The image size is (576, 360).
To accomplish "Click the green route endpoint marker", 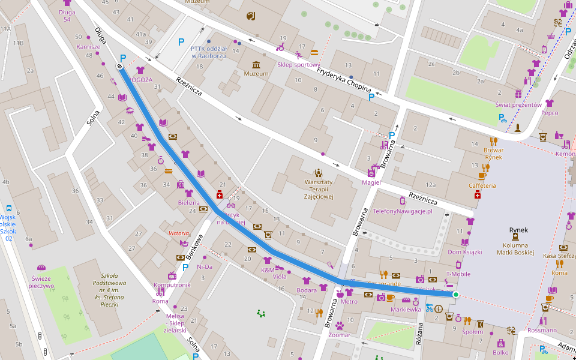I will (x=455, y=295).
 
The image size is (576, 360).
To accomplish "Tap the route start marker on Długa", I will (x=119, y=66).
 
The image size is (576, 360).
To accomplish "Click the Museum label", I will (x=256, y=74).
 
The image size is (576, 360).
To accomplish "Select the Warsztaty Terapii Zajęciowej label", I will (x=318, y=189).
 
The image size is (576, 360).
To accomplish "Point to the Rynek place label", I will (x=518, y=230).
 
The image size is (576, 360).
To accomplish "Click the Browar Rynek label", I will (x=493, y=154).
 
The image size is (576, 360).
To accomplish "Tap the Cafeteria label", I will (x=482, y=185).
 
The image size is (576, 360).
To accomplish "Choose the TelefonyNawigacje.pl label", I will (x=402, y=212).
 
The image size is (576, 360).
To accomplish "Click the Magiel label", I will (x=371, y=182).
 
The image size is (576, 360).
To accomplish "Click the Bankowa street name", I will (x=195, y=246).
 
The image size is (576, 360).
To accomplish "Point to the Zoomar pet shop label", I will (x=340, y=335).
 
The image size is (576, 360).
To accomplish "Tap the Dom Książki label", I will (x=464, y=251).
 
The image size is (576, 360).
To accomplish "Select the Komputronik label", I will (x=172, y=285).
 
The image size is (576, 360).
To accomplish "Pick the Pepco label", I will (x=550, y=113).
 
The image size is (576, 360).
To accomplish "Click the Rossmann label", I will (x=542, y=330).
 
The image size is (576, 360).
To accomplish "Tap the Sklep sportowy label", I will (x=298, y=65).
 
